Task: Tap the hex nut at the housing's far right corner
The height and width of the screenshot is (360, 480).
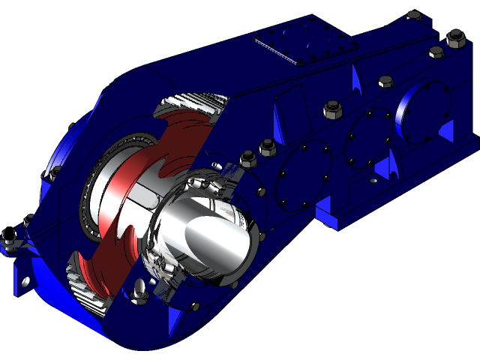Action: pos(454,37)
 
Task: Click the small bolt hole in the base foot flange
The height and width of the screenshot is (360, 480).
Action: pos(373,181)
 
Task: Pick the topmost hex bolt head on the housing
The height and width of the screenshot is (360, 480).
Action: pos(413,14)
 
